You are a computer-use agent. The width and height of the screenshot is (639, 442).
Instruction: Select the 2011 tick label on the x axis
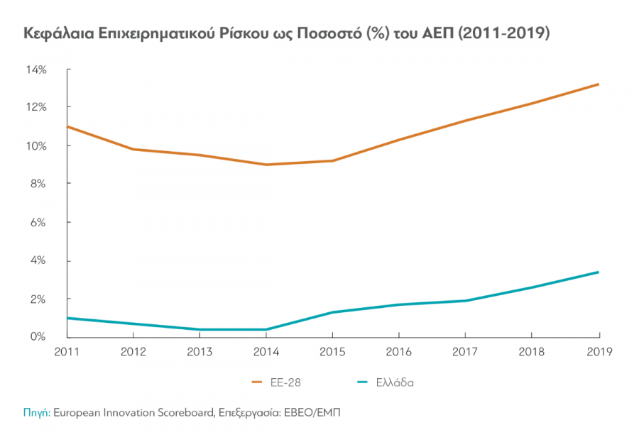[x=66, y=350]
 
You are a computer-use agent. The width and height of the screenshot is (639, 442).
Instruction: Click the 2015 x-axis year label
[x=332, y=350]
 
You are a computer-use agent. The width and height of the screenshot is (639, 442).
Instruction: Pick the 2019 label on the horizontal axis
[x=599, y=350]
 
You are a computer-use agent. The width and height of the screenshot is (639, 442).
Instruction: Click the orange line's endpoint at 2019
[x=599, y=84]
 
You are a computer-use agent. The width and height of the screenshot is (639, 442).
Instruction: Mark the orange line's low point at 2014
[x=266, y=165]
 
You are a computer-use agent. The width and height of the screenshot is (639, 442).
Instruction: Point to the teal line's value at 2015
[x=332, y=312]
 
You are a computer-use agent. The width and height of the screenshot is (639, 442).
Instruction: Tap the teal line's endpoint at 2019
[x=599, y=272]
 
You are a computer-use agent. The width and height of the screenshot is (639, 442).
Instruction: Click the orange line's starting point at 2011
[x=67, y=126]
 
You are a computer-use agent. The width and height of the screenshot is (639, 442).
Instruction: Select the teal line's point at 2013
[x=200, y=329]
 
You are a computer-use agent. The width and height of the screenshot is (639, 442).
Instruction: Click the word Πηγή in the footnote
[x=35, y=412]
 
